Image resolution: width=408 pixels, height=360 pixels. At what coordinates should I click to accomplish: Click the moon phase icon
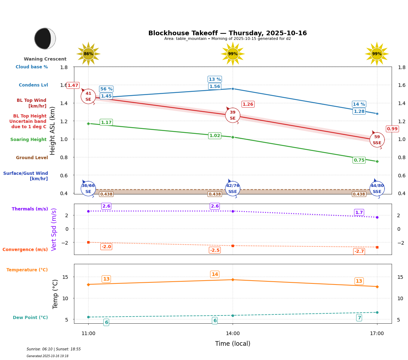tap(45, 38)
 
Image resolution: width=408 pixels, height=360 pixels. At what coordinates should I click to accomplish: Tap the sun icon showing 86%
tap(88, 54)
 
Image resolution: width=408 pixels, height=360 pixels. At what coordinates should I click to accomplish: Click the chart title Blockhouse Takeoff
tap(227, 33)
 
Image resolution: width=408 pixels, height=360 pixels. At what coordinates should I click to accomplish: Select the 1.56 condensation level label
tap(214, 87)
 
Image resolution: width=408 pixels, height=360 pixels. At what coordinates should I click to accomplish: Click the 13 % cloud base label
tap(214, 79)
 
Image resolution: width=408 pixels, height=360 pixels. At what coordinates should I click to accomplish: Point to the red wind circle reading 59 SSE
tap(377, 140)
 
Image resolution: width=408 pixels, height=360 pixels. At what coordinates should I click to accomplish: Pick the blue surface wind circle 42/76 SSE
tap(233, 189)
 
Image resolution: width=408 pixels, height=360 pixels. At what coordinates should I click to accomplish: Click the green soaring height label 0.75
tap(359, 160)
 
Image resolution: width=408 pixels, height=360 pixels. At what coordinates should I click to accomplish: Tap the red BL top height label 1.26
tap(248, 104)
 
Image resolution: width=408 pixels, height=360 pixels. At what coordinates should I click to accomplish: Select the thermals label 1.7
tap(359, 213)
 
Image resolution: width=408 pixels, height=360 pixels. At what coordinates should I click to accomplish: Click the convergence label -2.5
tap(214, 250)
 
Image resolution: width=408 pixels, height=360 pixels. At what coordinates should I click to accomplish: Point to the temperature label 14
tap(214, 275)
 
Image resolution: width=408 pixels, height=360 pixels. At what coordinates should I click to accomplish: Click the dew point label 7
tap(359, 318)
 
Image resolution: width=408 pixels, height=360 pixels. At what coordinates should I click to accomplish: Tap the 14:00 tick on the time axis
tap(233, 334)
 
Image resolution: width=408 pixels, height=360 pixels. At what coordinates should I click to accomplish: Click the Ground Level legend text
tap(32, 158)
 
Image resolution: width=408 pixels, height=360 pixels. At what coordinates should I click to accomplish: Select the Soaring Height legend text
tap(28, 140)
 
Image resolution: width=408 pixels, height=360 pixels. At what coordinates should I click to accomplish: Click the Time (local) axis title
tap(233, 344)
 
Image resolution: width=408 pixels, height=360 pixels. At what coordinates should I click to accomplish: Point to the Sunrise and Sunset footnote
tap(54, 349)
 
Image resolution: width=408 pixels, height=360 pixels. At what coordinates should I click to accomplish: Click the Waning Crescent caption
tap(45, 59)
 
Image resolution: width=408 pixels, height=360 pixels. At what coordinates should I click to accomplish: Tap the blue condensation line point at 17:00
tap(377, 114)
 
